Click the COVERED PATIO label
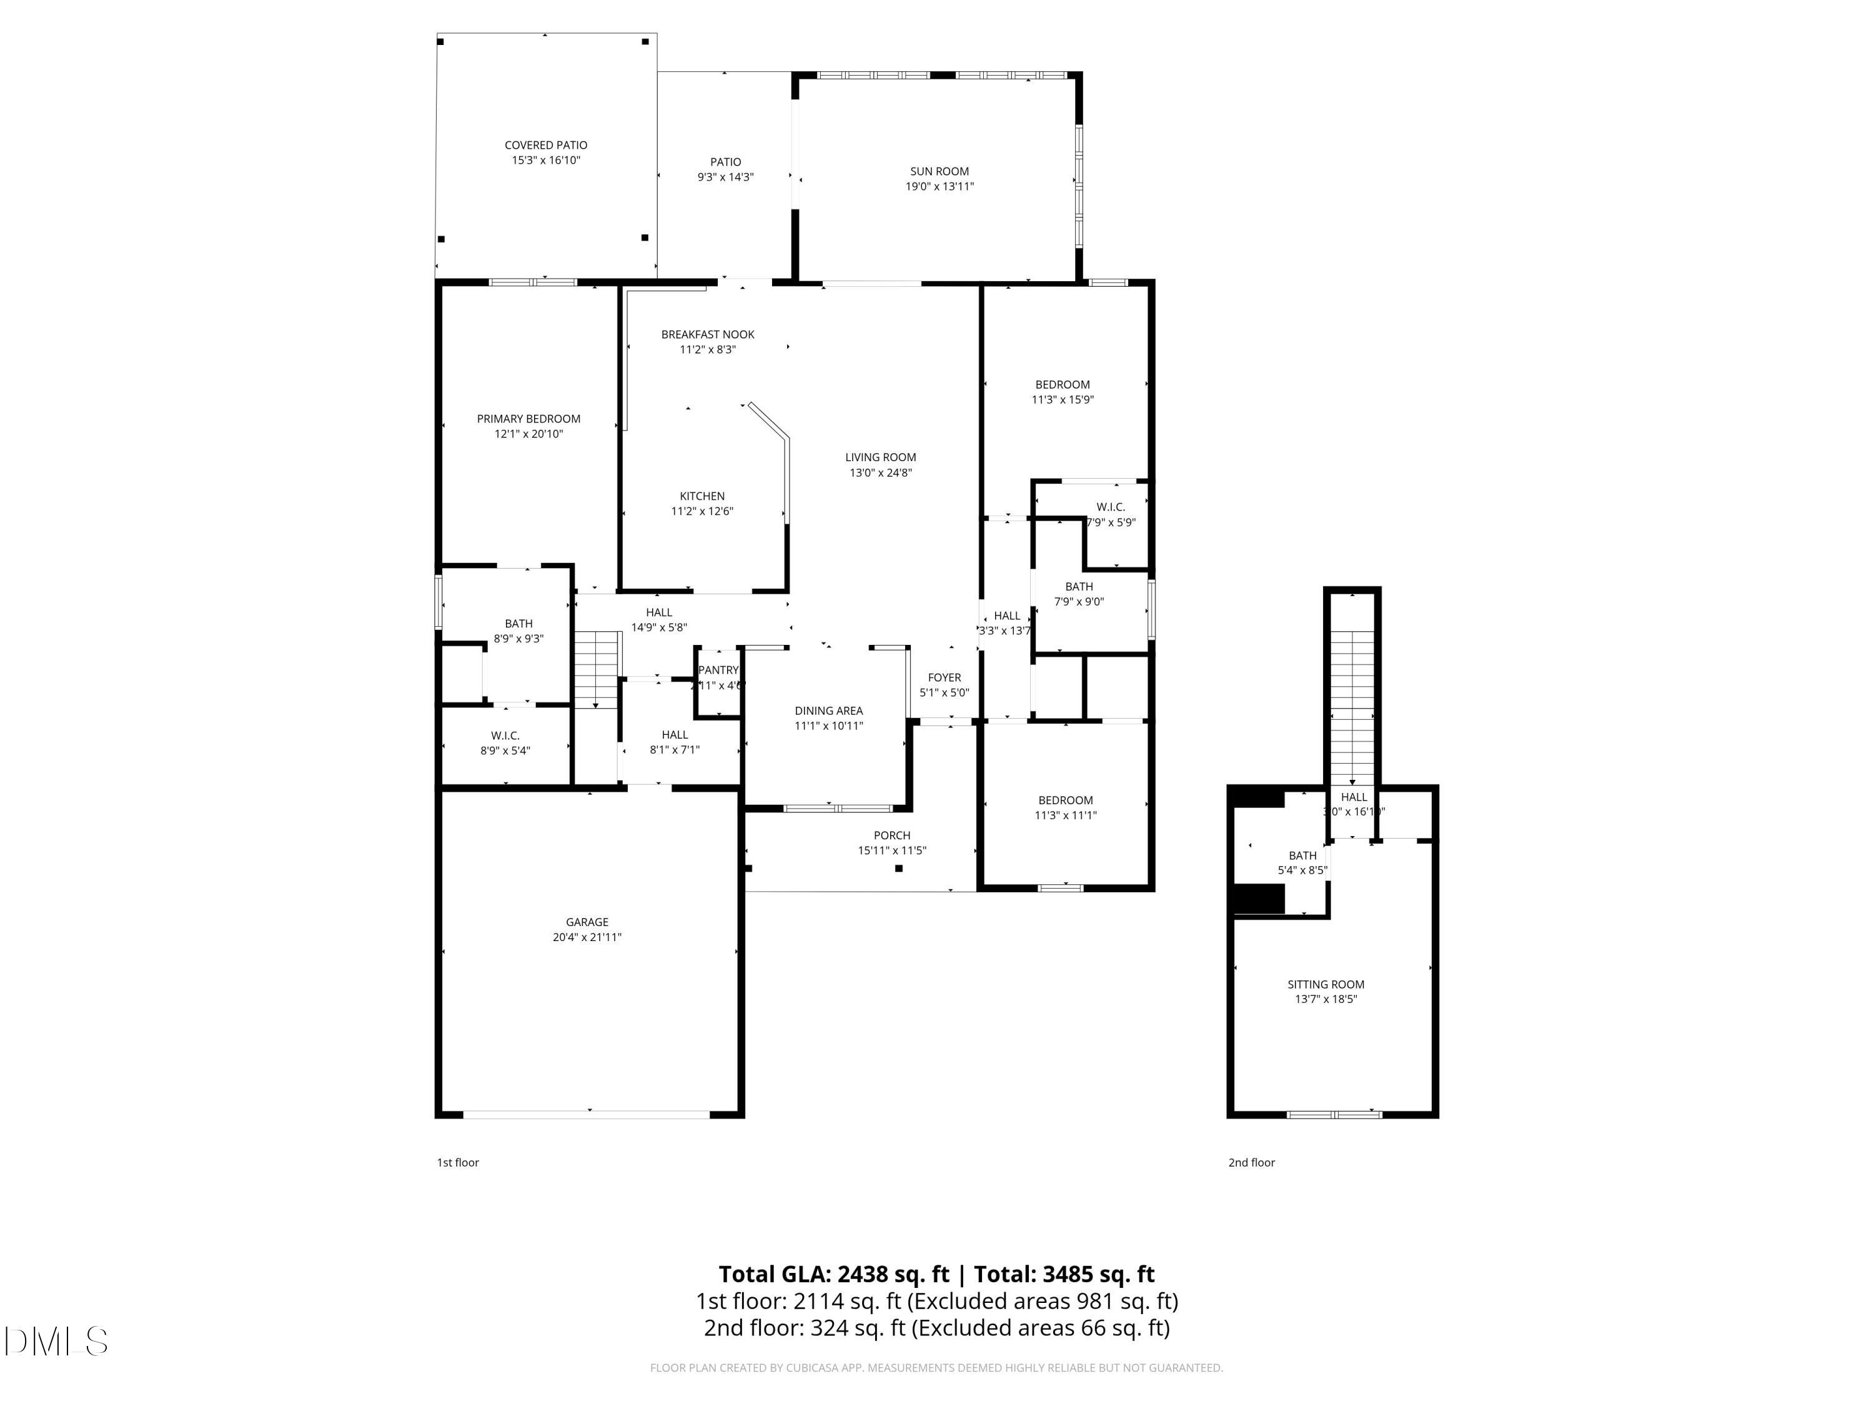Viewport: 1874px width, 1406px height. [x=545, y=145]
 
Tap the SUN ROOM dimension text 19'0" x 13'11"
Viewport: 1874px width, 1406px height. [x=939, y=186]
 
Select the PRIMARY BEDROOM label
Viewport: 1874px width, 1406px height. [x=528, y=419]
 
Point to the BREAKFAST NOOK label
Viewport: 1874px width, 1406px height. [x=707, y=334]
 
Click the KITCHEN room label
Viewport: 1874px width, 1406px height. [x=702, y=496]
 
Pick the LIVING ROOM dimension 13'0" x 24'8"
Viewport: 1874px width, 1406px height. [x=880, y=473]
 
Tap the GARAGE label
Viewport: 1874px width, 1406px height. [x=587, y=922]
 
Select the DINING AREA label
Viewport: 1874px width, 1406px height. [x=828, y=710]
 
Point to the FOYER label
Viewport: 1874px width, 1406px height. [x=944, y=677]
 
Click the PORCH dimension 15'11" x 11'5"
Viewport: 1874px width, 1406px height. [x=892, y=850]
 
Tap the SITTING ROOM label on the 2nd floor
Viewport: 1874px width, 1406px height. [x=1326, y=984]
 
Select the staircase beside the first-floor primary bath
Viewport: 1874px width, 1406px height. [x=598, y=669]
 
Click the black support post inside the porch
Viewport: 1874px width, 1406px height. [x=899, y=868]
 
